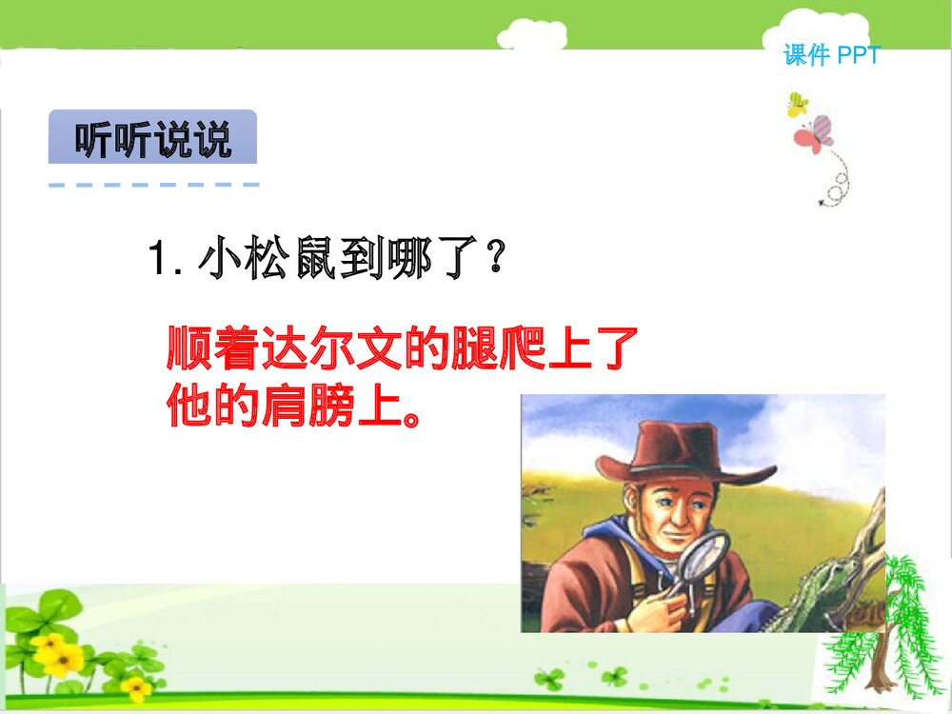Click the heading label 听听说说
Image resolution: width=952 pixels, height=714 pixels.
(x=152, y=140)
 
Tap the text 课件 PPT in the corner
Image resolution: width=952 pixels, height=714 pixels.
(x=832, y=56)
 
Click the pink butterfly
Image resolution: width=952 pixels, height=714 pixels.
(x=814, y=135)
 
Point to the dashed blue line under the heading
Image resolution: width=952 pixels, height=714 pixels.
(x=153, y=184)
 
